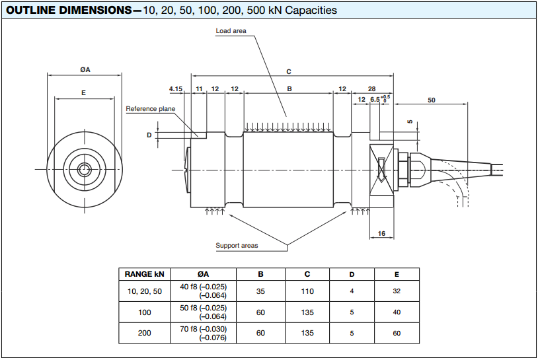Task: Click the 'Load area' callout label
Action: (231, 31)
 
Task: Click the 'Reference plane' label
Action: (151, 109)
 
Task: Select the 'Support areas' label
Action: (237, 246)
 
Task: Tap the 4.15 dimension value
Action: (175, 89)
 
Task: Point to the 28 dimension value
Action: (371, 89)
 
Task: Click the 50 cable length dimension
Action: (432, 100)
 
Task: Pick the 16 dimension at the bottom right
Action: (381, 234)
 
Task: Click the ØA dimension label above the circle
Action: (85, 70)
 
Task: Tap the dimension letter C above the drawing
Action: (289, 71)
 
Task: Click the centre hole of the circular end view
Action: (85, 169)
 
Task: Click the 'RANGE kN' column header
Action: (143, 274)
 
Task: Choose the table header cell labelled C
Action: (307, 274)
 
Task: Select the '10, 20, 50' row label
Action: (143, 291)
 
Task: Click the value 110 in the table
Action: (307, 291)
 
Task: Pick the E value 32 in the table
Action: (397, 291)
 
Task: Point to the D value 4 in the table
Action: (352, 291)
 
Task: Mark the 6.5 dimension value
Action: (375, 100)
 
